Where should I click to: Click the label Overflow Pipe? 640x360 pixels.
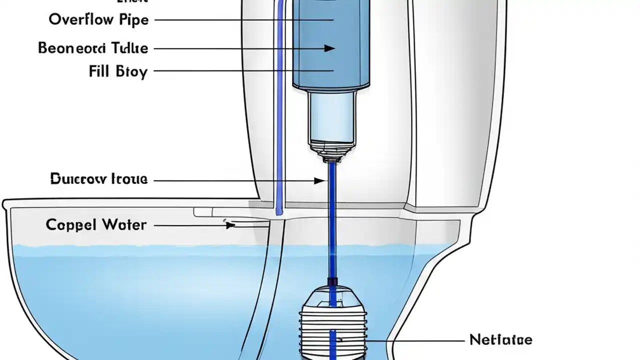(x=98, y=20)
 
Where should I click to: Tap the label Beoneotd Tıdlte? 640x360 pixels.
(x=93, y=48)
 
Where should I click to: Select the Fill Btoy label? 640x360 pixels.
(x=118, y=71)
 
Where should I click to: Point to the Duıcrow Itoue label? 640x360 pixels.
(x=99, y=179)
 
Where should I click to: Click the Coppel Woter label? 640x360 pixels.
(x=96, y=225)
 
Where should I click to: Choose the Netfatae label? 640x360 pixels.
(x=501, y=340)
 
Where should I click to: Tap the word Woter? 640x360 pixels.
(x=124, y=225)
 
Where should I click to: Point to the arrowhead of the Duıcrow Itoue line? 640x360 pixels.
(x=319, y=180)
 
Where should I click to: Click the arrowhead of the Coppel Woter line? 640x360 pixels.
(x=230, y=225)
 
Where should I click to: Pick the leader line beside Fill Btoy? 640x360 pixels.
(x=240, y=71)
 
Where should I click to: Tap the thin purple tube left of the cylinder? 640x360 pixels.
(x=279, y=100)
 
